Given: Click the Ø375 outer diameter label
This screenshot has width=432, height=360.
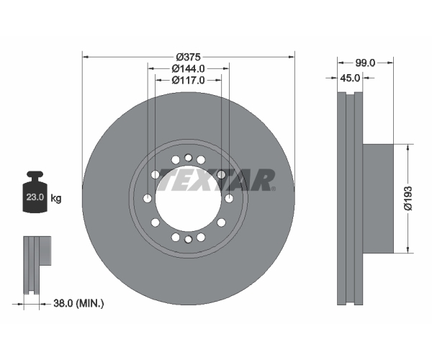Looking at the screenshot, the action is pos(189,57).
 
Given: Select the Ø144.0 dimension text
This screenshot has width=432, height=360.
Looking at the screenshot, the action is pos(189,68).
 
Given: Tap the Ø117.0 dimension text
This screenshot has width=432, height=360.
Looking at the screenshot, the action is pos(189,80).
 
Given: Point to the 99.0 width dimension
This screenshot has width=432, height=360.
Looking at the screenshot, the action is pos(365,63).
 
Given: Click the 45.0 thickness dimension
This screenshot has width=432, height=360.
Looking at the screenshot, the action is pos(350,78).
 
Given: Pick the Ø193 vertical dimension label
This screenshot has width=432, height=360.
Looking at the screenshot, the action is pos(408,198).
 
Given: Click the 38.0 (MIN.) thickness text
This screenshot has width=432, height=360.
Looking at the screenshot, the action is pos(78,304).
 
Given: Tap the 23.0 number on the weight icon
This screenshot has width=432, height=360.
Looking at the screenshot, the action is pos(35,197).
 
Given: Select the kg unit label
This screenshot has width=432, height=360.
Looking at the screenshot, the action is pos(56,198).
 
